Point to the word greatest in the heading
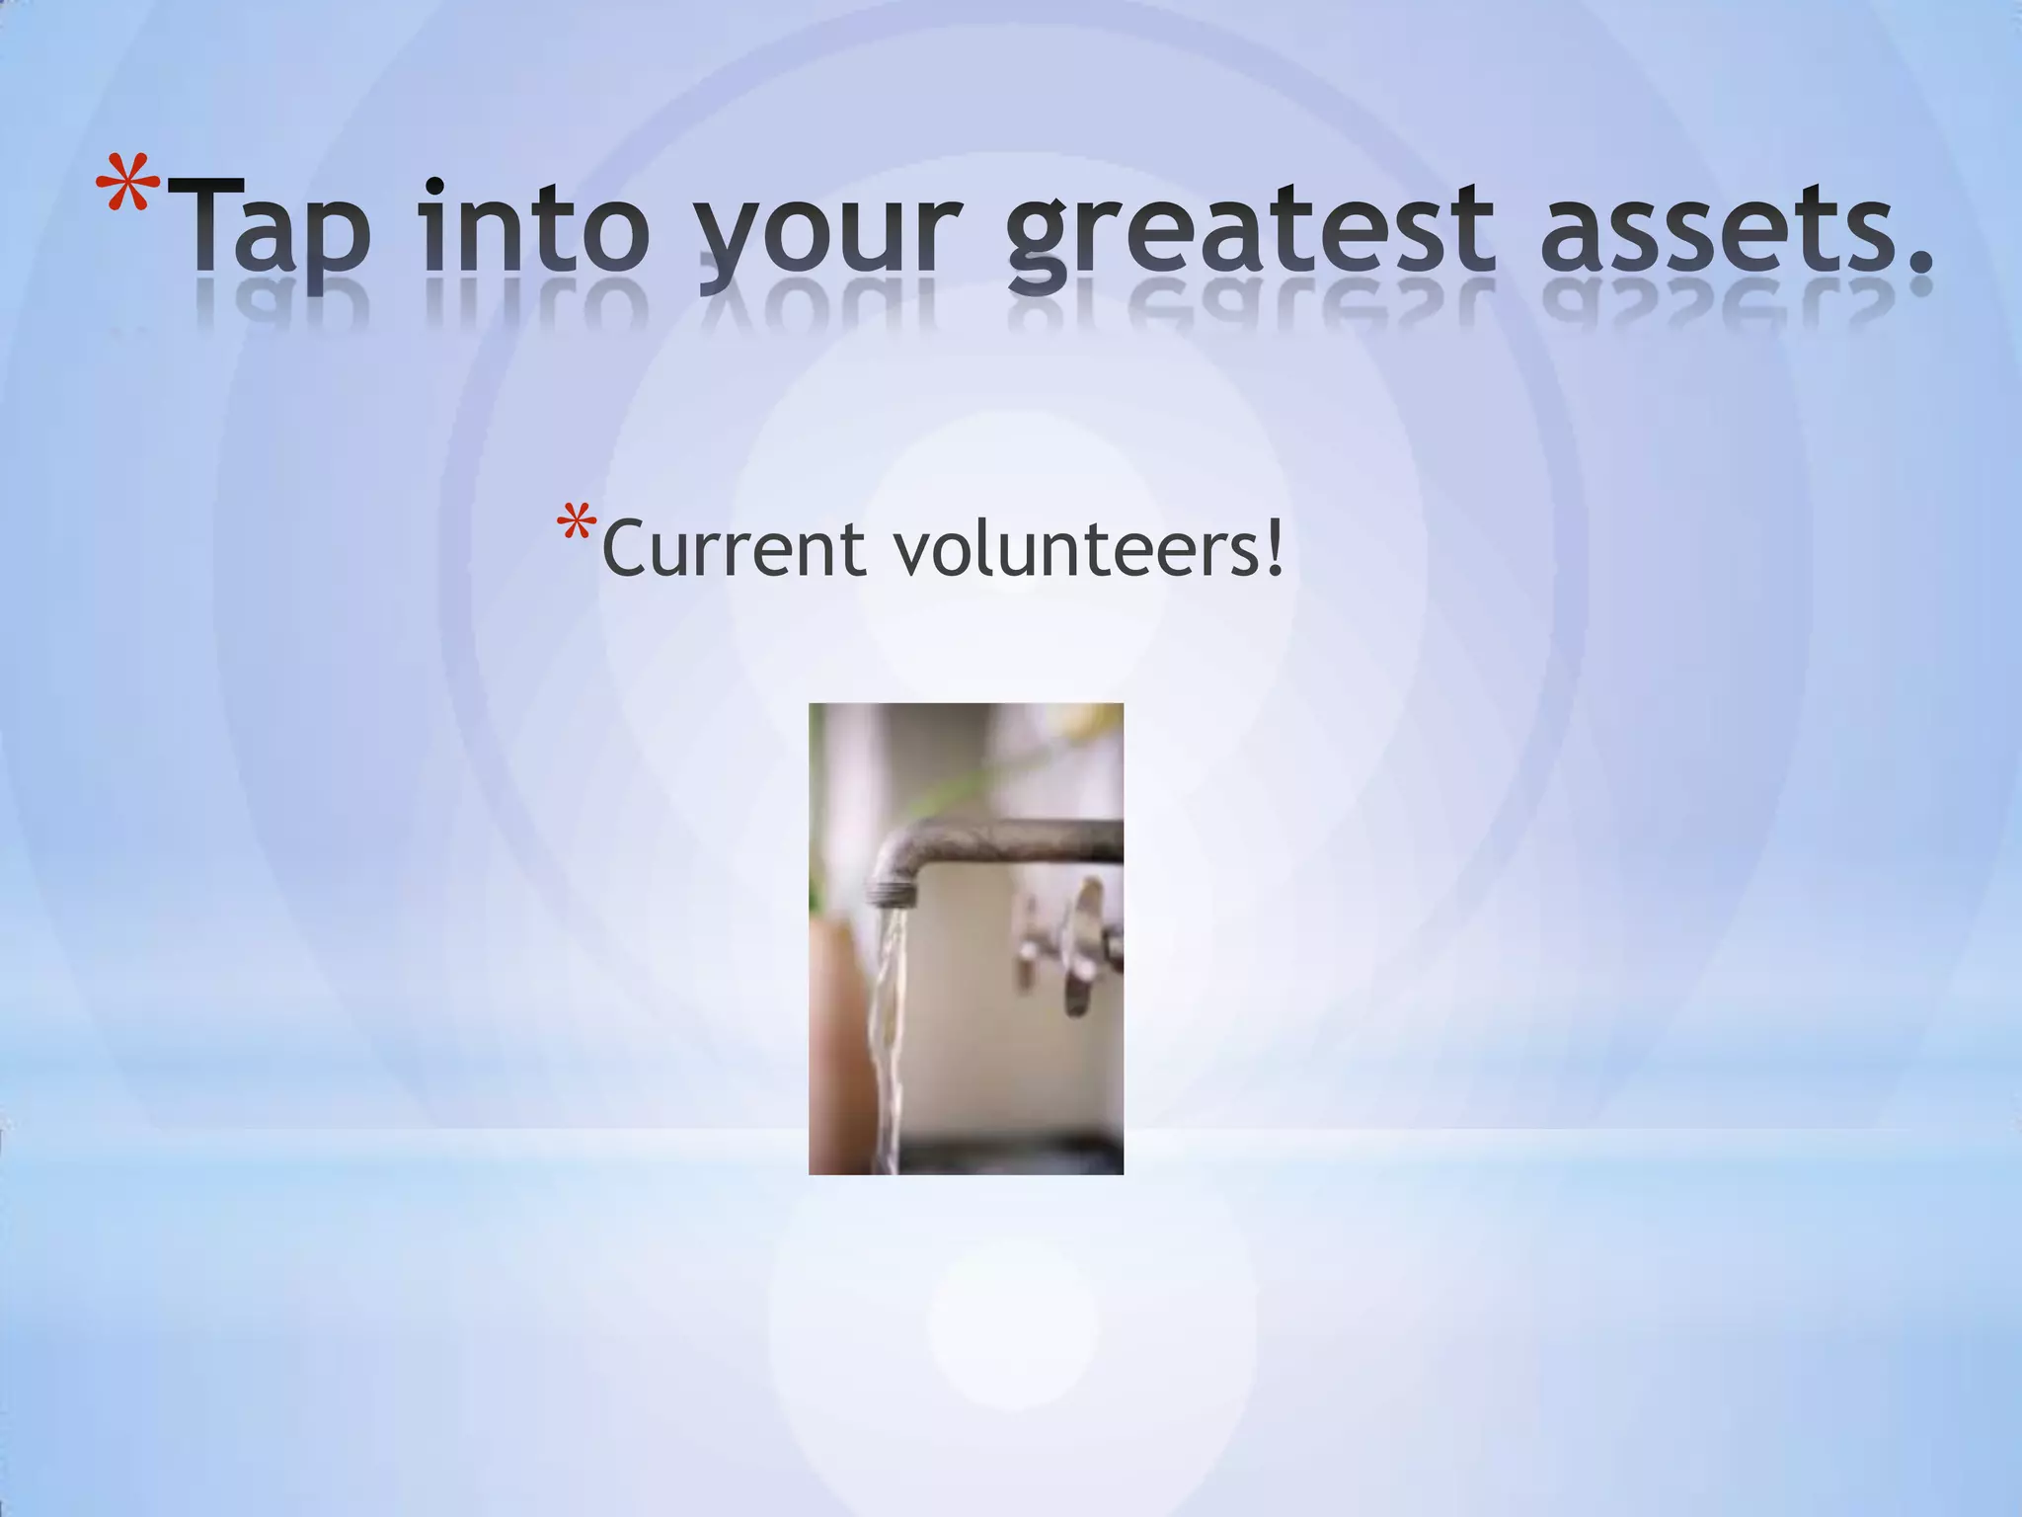click(1249, 229)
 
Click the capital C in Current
click(627, 549)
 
